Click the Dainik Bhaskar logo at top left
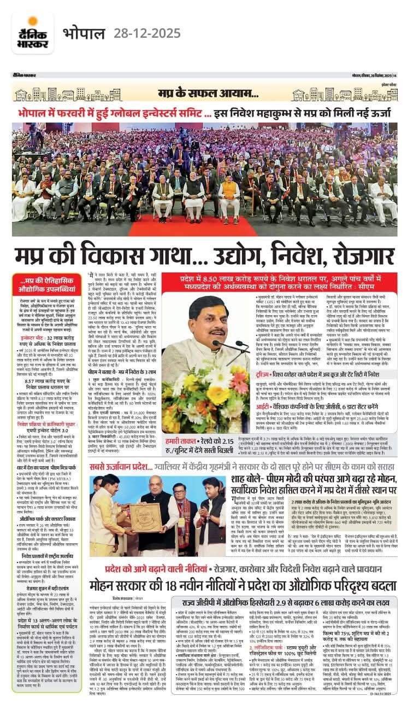33,33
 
